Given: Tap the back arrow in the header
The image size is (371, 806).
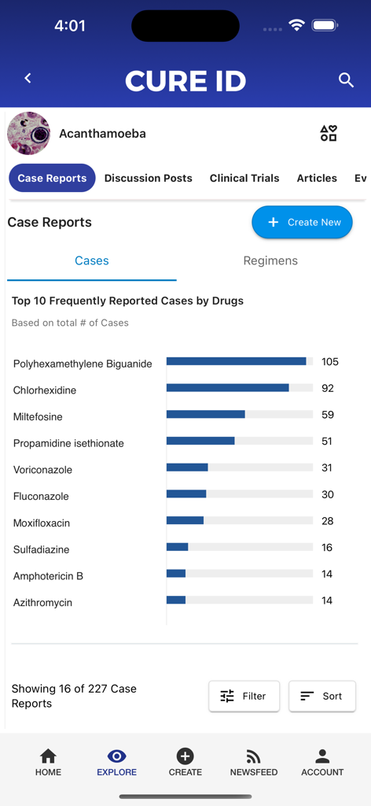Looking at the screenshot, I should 28,78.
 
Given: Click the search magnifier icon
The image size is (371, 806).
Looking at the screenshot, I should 346,79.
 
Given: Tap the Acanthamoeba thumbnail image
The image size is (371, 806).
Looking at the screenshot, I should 28,133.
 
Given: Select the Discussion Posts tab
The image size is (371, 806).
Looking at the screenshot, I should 148,178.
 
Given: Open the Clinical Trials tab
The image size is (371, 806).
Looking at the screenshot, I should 244,178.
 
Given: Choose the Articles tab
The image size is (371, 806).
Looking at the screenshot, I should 317,178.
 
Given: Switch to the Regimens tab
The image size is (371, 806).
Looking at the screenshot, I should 270,261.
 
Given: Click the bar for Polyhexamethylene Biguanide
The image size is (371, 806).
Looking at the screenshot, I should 236,361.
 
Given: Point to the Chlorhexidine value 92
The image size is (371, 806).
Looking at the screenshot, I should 328,388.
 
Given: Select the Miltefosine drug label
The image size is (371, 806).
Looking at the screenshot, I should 38,416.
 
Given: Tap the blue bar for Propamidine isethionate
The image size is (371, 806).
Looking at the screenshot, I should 200,441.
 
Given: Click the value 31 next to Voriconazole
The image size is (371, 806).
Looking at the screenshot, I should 327,468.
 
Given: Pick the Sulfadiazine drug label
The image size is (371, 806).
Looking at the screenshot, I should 41,549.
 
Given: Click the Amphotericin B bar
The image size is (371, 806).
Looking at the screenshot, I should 176,574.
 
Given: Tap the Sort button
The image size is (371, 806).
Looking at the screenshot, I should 321,696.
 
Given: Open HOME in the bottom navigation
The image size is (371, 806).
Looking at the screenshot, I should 48,762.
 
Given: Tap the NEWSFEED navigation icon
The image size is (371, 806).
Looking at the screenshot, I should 253,757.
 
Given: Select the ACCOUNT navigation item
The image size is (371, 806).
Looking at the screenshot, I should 322,762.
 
